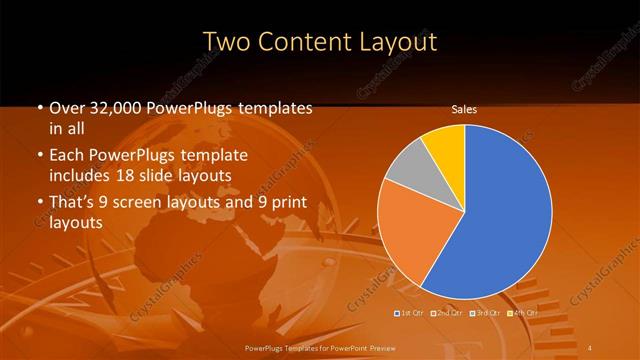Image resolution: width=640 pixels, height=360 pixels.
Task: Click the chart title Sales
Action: tap(464, 109)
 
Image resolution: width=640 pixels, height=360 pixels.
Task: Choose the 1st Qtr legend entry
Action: tap(410, 313)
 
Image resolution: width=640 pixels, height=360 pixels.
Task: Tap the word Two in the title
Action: tap(228, 42)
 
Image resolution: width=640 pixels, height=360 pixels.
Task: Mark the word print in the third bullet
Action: tap(284, 203)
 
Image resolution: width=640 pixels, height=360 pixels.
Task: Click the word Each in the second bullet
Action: tap(68, 156)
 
